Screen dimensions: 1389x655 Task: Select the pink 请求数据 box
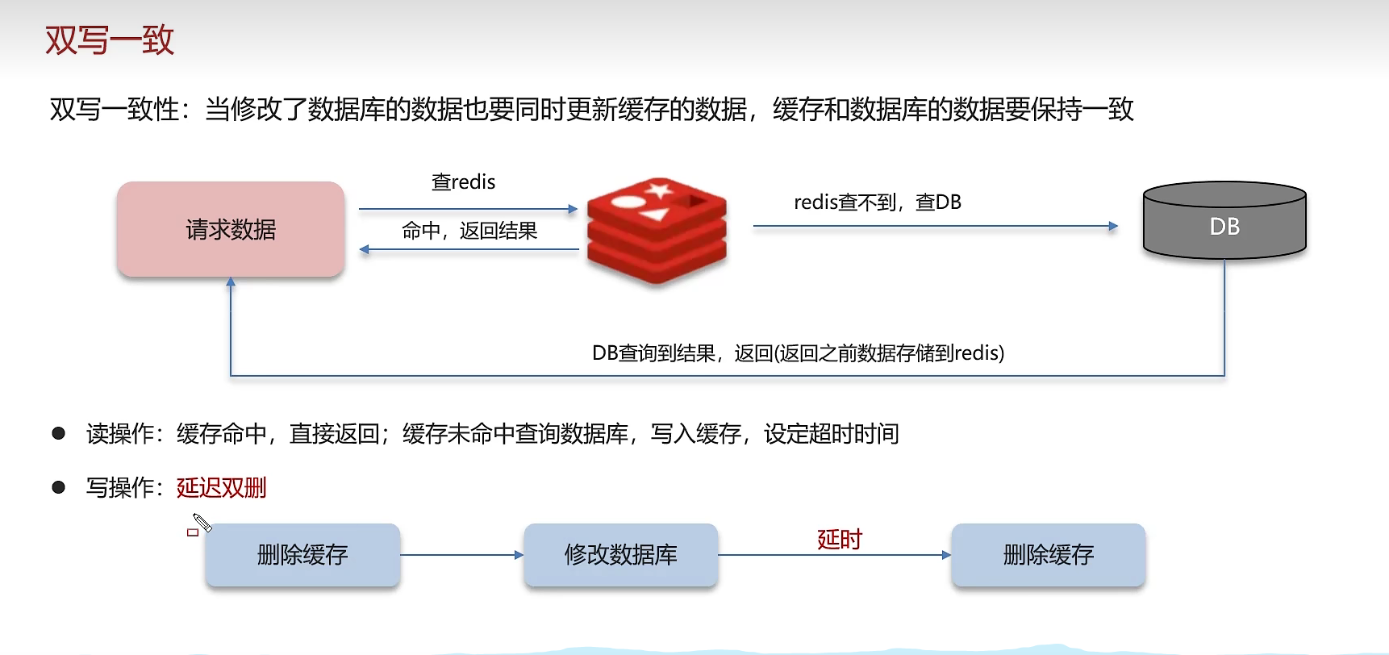[x=231, y=230]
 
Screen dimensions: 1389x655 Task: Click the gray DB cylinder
[x=1224, y=221]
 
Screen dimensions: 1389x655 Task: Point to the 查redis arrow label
[x=463, y=182]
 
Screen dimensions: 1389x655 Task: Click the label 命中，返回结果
[x=469, y=232]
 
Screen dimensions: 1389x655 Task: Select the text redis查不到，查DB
[x=878, y=202]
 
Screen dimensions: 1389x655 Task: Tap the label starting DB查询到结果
[x=798, y=353]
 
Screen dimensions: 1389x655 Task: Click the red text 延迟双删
[x=221, y=488]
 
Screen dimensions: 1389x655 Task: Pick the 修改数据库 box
[x=620, y=555]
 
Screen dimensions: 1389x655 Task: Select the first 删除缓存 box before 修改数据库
[x=302, y=555]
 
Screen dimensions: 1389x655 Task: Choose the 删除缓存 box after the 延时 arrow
[x=1048, y=555]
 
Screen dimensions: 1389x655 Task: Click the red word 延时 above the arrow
[x=840, y=539]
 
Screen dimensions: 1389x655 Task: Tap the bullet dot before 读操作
[x=59, y=433]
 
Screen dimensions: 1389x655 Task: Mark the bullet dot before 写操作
[x=59, y=487]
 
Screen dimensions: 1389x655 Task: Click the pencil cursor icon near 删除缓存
[x=201, y=523]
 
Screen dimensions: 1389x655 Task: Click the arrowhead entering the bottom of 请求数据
[x=231, y=282]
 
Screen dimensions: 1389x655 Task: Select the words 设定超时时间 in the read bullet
[x=831, y=434]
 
